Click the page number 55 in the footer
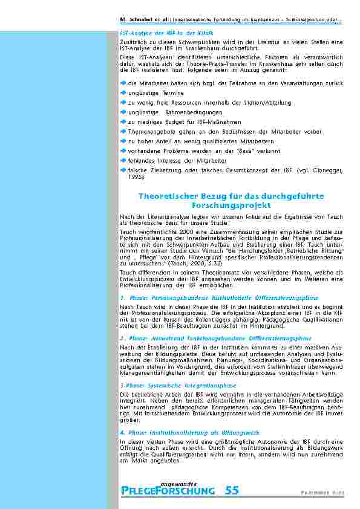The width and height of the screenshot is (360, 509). [x=232, y=490]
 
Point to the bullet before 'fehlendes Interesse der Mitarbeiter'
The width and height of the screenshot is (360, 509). [x=123, y=161]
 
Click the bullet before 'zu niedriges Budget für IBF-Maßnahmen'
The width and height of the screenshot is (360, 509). [x=123, y=121]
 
